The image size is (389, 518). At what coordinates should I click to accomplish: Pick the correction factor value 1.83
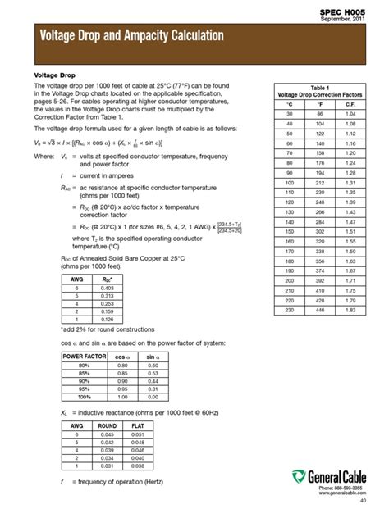350,310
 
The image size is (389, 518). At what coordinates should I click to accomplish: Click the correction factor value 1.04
350,114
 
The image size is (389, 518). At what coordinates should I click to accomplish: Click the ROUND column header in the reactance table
107,425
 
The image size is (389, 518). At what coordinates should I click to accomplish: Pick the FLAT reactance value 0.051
139,434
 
